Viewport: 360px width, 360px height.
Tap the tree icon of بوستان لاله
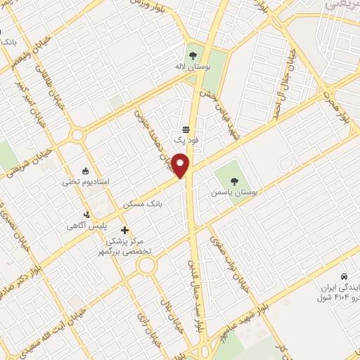(x=193, y=54)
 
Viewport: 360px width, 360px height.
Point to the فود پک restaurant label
(x=186, y=141)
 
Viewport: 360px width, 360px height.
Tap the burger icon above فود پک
(x=186, y=129)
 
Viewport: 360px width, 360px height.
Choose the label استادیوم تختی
(x=85, y=182)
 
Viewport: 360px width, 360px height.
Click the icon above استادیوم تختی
(x=86, y=170)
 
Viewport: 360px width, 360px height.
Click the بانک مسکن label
(x=143, y=205)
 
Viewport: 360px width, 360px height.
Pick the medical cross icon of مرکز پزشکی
(x=124, y=230)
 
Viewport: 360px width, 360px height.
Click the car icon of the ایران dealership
(x=343, y=276)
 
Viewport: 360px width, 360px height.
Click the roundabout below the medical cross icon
(x=147, y=265)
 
